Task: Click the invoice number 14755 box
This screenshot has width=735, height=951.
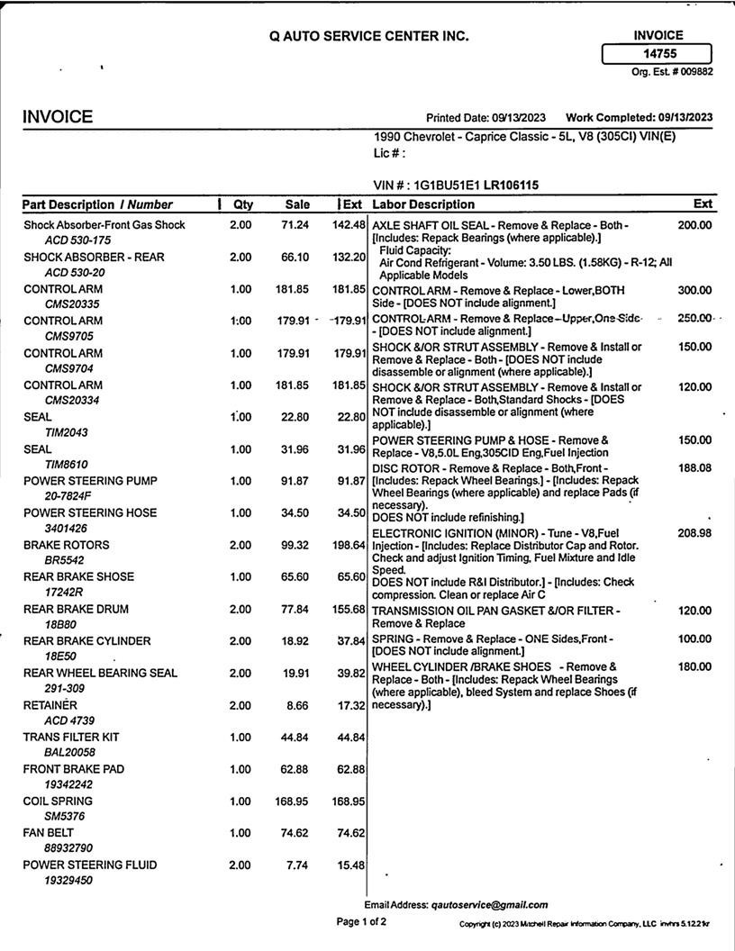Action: point(657,54)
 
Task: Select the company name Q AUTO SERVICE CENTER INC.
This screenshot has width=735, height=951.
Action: point(368,36)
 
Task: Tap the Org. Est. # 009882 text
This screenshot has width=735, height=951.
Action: point(672,72)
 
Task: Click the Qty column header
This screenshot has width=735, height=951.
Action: point(243,204)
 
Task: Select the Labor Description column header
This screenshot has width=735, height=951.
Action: point(423,204)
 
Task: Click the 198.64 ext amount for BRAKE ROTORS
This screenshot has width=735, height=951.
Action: point(348,545)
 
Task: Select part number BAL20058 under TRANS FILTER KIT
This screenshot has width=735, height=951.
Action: point(69,752)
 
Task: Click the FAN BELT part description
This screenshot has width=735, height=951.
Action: point(49,833)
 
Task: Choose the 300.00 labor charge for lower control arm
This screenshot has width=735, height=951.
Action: point(694,290)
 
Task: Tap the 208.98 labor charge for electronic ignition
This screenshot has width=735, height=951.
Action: point(694,533)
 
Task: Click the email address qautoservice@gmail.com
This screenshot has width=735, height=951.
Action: point(489,904)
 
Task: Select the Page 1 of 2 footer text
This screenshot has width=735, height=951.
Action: point(361,922)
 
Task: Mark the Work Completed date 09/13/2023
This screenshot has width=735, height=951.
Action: point(685,117)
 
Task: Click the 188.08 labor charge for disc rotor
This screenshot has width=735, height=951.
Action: point(694,468)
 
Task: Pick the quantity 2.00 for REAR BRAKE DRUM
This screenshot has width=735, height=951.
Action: point(240,609)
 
